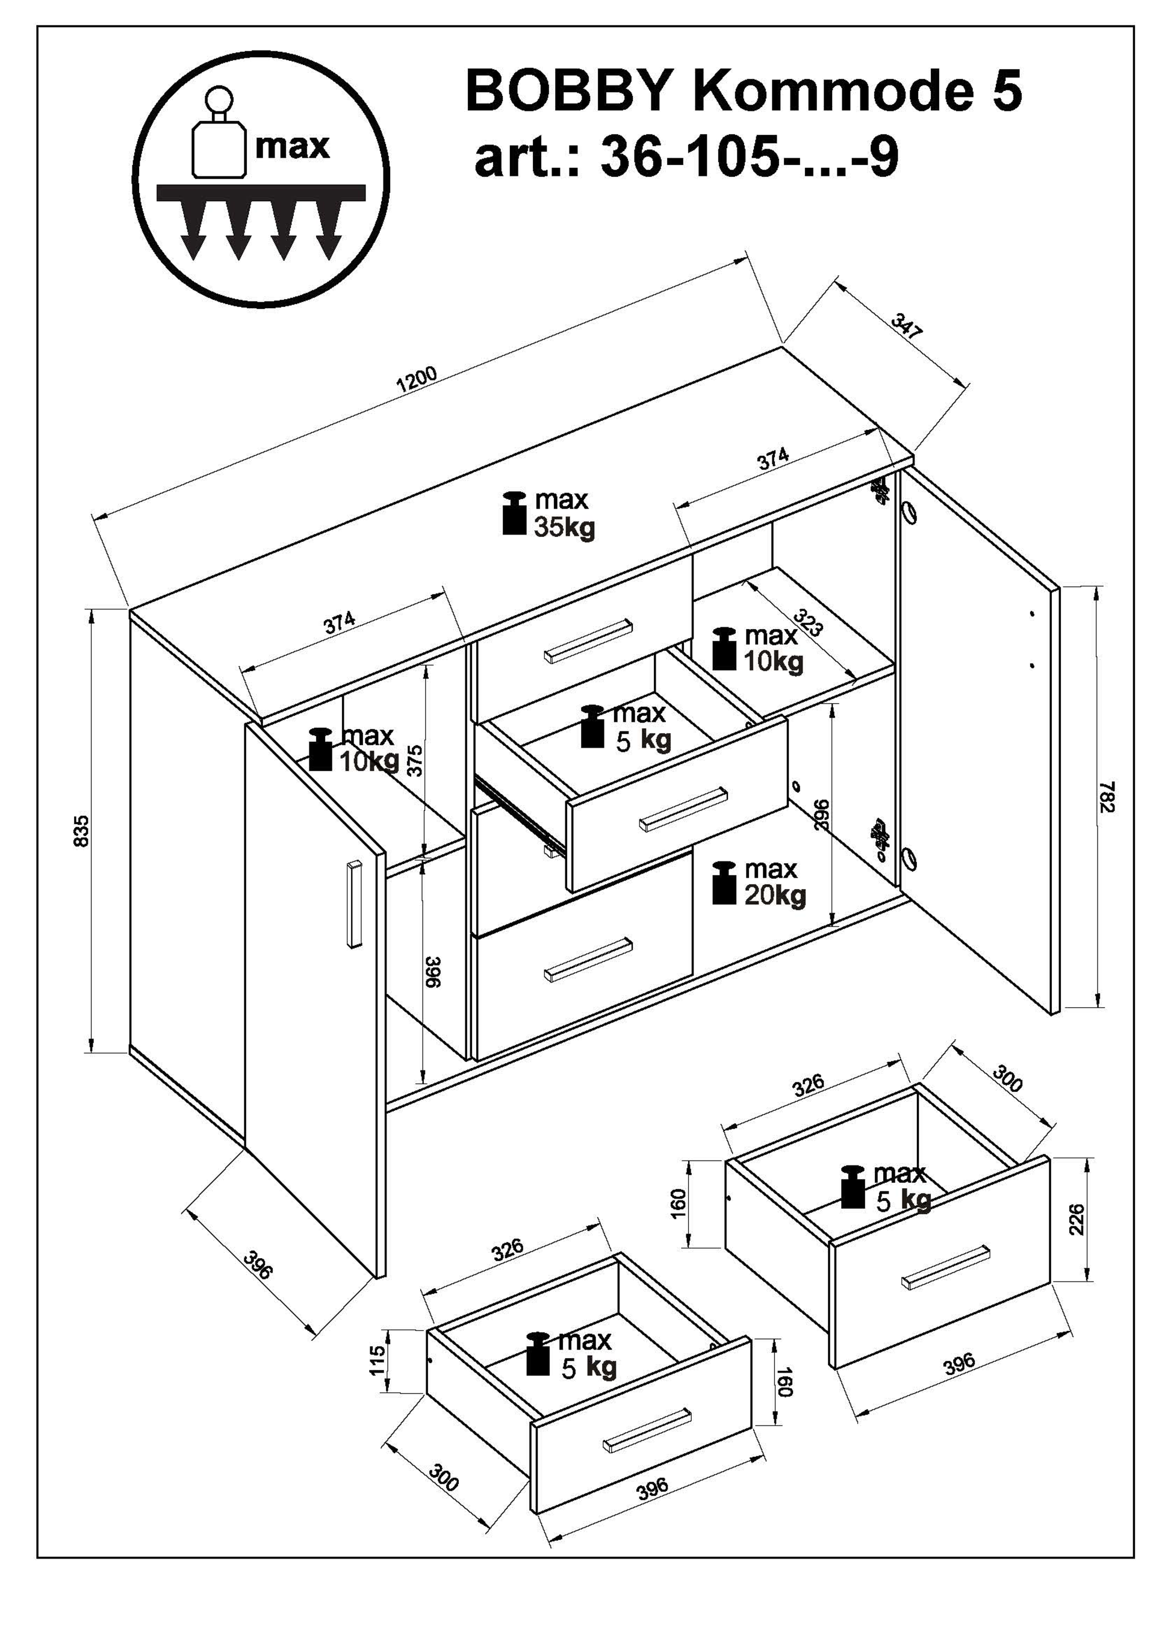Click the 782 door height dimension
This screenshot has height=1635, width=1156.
(x=1106, y=797)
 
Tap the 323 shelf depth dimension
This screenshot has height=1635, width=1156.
(x=809, y=623)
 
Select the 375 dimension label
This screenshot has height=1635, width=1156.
(x=415, y=760)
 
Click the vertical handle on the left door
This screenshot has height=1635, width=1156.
(x=354, y=904)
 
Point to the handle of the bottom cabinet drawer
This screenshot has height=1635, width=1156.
(x=588, y=959)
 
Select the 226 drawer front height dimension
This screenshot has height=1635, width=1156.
(x=1077, y=1220)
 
